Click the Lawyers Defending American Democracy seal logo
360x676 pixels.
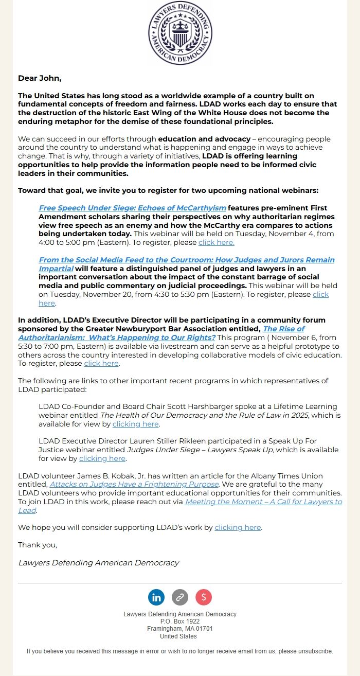click(x=180, y=33)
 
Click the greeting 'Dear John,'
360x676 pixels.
click(x=40, y=78)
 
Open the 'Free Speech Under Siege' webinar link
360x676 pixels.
click(x=132, y=208)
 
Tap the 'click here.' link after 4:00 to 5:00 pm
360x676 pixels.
click(x=216, y=242)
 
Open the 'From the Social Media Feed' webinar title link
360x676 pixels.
click(x=186, y=260)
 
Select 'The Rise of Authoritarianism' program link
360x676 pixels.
click(x=283, y=329)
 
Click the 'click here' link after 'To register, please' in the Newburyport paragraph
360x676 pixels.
click(x=101, y=364)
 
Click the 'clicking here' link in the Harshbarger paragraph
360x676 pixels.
click(x=136, y=424)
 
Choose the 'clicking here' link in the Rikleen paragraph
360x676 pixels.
click(x=102, y=458)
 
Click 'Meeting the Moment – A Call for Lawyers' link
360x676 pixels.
click(x=263, y=502)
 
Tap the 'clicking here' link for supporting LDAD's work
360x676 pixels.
click(x=238, y=528)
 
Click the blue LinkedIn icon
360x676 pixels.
click(x=156, y=597)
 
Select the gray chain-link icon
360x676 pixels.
click(x=180, y=597)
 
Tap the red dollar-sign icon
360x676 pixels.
click(x=204, y=597)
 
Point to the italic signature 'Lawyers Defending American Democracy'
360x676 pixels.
click(x=98, y=563)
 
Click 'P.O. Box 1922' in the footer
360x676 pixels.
click(x=179, y=621)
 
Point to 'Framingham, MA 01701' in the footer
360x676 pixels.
click(x=179, y=629)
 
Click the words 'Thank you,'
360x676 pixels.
click(x=38, y=545)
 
